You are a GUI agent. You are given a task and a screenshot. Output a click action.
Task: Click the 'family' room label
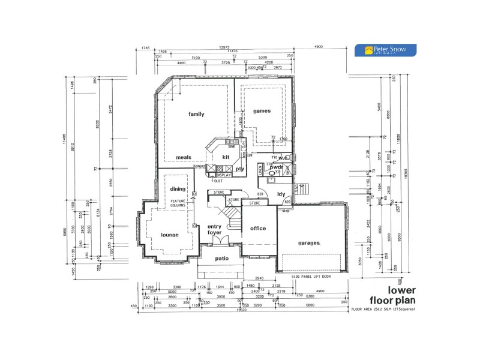196,114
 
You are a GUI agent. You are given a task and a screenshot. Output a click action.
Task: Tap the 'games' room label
262,111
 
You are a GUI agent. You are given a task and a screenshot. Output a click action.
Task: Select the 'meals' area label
183,158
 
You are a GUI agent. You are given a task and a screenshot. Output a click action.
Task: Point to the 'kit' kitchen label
226,157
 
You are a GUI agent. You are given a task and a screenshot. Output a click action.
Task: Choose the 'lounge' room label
170,235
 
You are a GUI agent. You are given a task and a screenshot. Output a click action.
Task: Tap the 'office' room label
259,229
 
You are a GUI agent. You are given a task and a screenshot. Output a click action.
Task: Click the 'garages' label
310,243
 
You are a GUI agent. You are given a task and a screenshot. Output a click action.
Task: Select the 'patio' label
222,259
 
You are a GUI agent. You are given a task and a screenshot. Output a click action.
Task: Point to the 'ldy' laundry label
280,194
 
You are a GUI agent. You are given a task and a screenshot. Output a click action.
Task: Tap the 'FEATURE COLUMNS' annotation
178,203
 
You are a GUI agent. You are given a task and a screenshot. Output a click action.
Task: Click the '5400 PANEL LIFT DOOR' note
311,277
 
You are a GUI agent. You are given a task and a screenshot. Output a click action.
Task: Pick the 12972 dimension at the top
224,47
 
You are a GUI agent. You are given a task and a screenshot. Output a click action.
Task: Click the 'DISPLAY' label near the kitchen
224,175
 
